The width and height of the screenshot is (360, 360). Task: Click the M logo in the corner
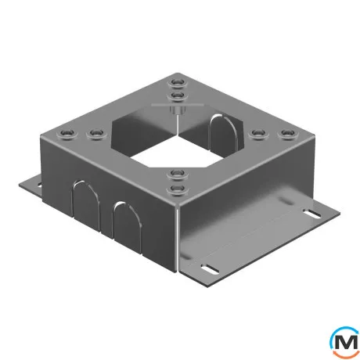344,342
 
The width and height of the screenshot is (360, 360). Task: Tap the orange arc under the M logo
346,355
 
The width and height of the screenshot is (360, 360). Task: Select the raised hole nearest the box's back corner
178,82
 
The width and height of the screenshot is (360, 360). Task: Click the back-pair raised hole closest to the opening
178,96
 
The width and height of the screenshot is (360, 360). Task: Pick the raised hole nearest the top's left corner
67,134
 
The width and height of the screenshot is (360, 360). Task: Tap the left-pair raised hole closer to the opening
96,134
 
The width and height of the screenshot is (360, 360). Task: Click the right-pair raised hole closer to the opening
258,134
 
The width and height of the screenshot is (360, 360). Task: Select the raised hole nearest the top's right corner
287,134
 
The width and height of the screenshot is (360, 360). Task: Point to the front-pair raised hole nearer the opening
178,175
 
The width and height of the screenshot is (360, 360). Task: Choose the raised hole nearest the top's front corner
178,189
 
